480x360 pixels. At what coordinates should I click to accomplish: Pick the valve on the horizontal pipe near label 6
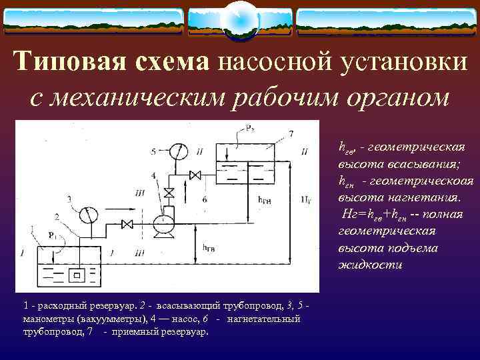click(195, 175)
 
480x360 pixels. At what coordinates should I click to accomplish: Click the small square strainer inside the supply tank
click(78, 273)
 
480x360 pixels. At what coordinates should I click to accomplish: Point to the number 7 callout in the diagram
click(291, 135)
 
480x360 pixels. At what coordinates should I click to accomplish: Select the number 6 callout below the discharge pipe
click(205, 199)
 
